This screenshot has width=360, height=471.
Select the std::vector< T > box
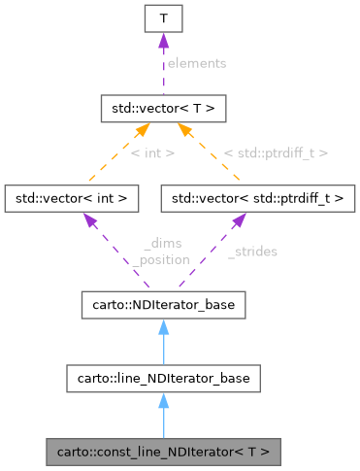163,108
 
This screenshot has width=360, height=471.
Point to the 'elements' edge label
196,63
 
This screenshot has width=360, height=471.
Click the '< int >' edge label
151,152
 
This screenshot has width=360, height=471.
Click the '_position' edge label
162,259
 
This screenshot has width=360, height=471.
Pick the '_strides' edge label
252,252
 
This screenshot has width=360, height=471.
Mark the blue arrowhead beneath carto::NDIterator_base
163,327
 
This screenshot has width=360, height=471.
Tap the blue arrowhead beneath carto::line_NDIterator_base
163,401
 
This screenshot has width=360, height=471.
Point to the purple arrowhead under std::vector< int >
90,221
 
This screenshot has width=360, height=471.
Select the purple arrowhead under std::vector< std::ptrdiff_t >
238,221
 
